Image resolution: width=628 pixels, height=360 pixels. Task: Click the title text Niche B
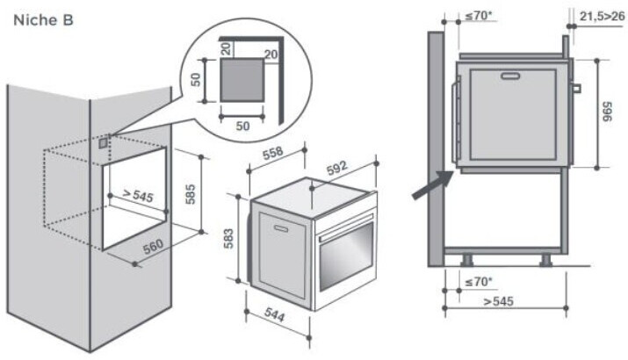pos(42,18)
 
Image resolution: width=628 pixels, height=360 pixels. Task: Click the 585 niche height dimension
pos(190,193)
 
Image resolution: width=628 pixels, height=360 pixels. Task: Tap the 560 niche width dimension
pos(153,248)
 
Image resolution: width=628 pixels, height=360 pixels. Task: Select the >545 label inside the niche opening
pos(138,194)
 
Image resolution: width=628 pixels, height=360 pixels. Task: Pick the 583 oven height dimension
pos(227,236)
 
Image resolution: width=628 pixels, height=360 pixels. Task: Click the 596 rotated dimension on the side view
pos(607,112)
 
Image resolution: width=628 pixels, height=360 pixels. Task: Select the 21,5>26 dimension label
pos(602,15)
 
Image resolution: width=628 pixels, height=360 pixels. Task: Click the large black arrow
pos(433,185)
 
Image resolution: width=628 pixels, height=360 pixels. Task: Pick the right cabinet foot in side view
pos(545,260)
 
